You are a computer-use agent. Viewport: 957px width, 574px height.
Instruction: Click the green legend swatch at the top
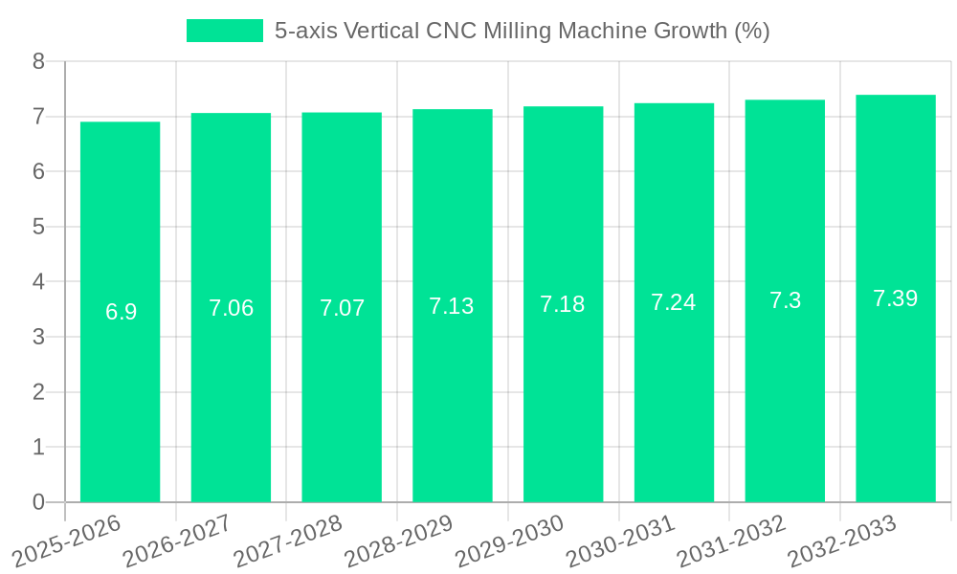coord(224,31)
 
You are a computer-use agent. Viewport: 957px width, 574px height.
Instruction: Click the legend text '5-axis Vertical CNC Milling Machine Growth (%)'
coord(522,31)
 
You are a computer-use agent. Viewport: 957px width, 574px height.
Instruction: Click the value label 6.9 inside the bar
coord(121,312)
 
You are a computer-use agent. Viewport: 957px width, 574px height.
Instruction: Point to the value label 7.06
coord(232,308)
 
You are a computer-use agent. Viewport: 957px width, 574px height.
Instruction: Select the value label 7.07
coord(342,308)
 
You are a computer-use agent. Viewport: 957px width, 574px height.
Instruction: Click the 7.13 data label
coord(452,306)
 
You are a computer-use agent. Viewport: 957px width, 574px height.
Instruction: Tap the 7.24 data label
coord(674,302)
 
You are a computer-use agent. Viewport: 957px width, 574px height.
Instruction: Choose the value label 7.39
coord(896,298)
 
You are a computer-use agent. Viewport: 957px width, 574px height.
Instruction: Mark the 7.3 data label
coord(785,300)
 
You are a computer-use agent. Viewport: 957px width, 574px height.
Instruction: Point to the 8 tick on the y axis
coord(38,62)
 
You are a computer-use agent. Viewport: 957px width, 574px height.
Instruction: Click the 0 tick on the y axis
coord(38,502)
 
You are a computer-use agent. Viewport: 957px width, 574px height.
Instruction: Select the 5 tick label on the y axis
coord(38,227)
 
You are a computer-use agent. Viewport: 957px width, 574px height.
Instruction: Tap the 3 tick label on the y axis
coord(38,337)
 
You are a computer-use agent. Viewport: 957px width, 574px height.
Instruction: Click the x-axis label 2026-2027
coord(178,541)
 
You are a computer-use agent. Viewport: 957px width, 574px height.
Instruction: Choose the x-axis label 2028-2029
coord(399,541)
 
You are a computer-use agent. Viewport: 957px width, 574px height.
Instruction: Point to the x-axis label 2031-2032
coord(732,541)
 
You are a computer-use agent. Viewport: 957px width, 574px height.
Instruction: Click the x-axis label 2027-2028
coord(288,541)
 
